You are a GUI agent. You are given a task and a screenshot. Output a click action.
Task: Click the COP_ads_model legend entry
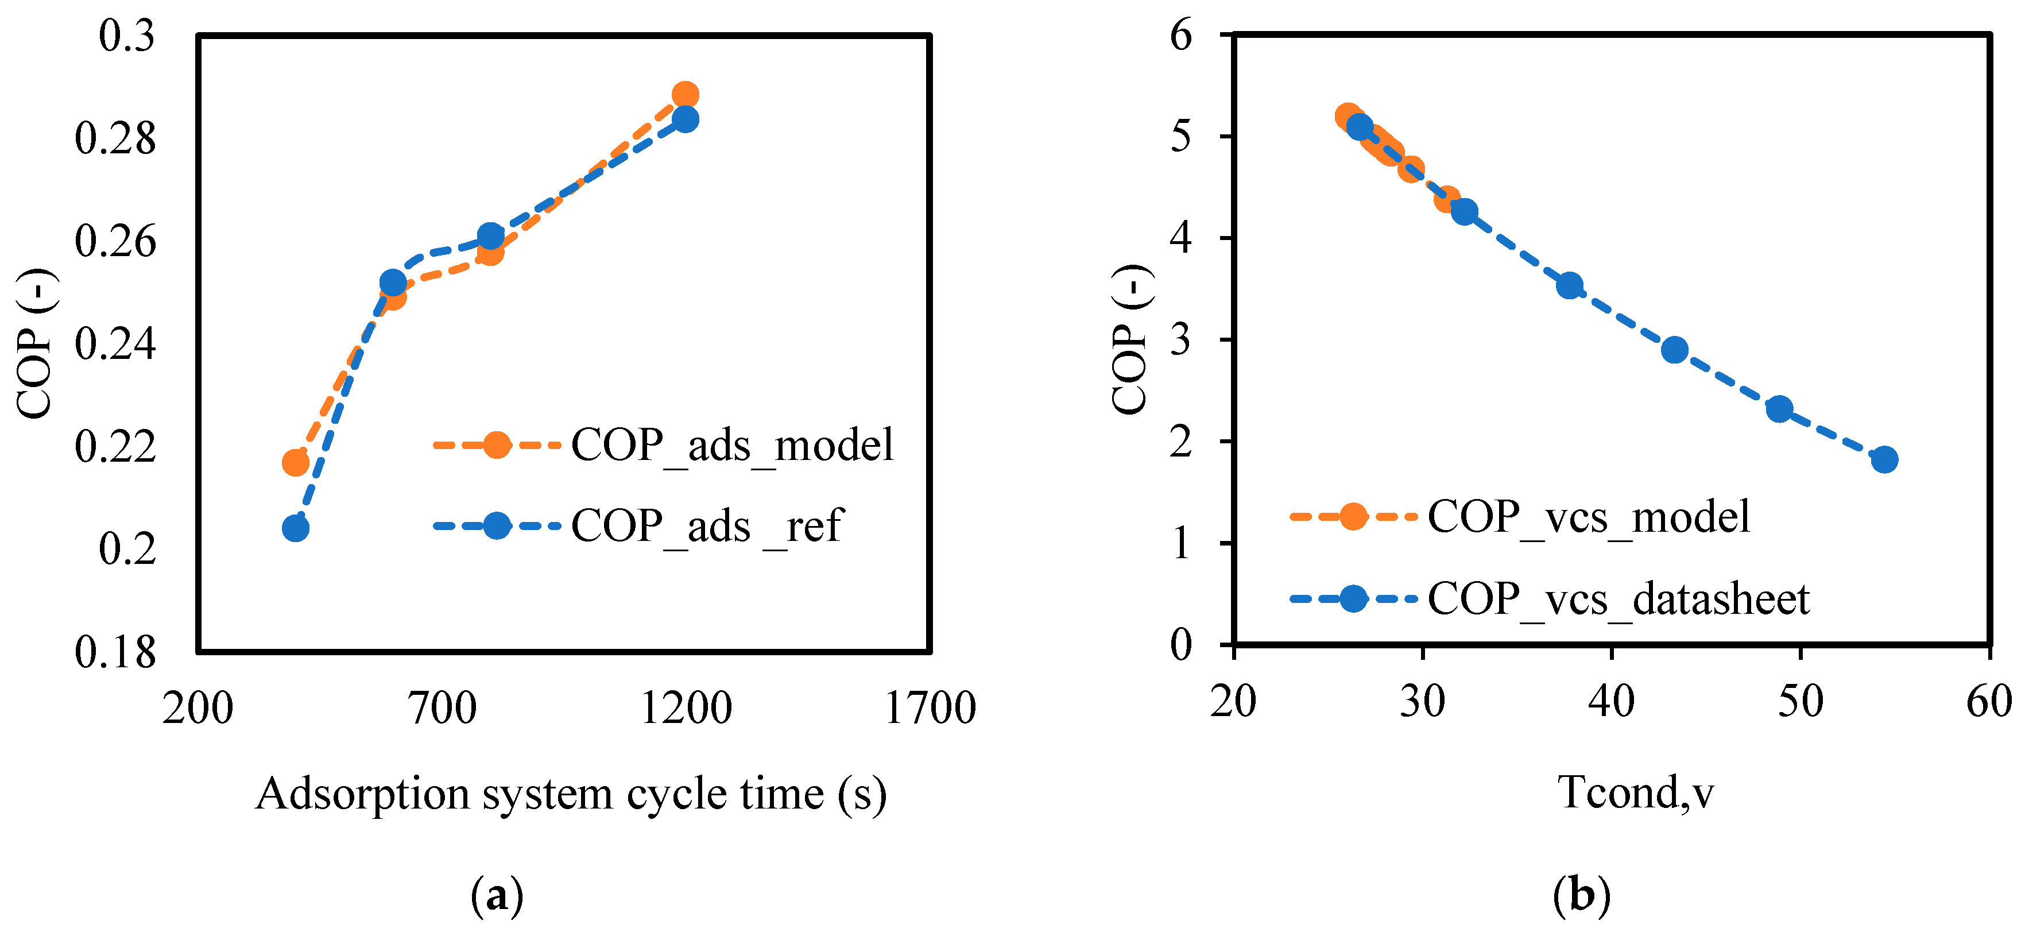click(731, 445)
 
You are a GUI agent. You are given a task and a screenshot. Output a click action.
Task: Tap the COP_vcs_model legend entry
click(1588, 517)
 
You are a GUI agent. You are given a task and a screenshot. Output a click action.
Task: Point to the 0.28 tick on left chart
click(115, 138)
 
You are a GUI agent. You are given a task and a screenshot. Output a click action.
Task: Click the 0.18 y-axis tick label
click(115, 652)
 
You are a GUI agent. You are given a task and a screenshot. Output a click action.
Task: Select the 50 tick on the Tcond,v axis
click(1800, 701)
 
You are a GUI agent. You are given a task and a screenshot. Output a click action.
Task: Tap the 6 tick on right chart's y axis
click(1181, 36)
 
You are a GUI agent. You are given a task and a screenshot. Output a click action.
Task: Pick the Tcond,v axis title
click(1635, 791)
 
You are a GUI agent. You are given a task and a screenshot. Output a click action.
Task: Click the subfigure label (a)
click(497, 896)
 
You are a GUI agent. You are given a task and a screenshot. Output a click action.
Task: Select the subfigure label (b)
click(1582, 896)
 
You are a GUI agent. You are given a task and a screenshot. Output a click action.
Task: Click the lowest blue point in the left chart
click(296, 528)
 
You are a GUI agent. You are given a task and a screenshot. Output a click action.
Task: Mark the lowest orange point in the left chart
click(296, 462)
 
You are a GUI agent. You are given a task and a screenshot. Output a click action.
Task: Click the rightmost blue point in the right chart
click(1884, 459)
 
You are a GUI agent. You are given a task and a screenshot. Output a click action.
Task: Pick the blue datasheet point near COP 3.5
click(1570, 285)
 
